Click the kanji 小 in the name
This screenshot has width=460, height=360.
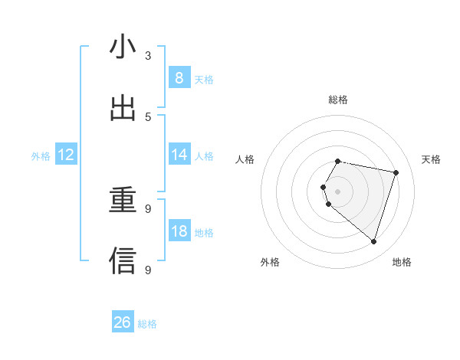(x=123, y=47)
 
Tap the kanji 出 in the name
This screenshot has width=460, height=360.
(x=123, y=108)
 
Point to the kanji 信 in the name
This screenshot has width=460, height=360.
(x=123, y=260)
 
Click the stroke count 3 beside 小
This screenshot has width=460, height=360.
(x=148, y=55)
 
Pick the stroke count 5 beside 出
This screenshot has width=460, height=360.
(x=148, y=116)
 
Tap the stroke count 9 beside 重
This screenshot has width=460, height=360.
(x=148, y=208)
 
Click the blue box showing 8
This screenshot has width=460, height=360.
(x=179, y=78)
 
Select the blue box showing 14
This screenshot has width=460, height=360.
(x=179, y=155)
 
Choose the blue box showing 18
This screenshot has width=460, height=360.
(x=179, y=231)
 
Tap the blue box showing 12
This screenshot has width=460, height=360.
(x=66, y=155)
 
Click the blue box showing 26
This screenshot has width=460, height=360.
(x=123, y=322)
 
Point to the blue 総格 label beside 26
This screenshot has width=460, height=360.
(x=147, y=324)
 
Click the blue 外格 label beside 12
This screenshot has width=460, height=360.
(x=41, y=156)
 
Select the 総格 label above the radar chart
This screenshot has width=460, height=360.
(x=338, y=100)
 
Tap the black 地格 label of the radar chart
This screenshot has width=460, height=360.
(x=402, y=262)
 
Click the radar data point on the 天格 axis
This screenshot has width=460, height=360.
(x=396, y=172)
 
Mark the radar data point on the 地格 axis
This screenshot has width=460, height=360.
(x=373, y=241)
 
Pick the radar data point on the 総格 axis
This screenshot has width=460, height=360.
(x=338, y=161)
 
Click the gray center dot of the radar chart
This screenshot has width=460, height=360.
(x=338, y=191)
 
